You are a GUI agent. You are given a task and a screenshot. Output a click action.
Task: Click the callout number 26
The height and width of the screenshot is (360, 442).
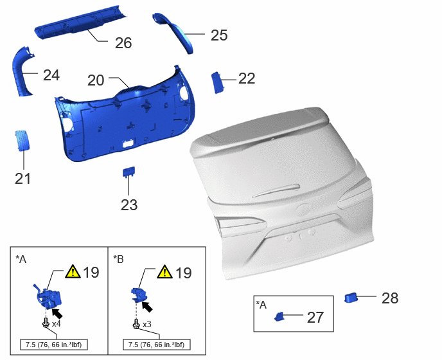(123, 43)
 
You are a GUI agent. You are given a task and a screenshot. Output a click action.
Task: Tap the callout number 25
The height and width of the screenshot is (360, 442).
(219, 35)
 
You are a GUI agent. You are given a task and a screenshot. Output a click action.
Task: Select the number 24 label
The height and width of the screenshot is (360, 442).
(51, 75)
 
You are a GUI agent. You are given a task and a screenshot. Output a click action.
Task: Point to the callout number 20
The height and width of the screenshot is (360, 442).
(96, 80)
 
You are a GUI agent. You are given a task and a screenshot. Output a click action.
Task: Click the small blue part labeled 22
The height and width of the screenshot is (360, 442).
(217, 82)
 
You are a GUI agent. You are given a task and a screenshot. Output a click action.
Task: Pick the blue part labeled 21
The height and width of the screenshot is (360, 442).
(21, 140)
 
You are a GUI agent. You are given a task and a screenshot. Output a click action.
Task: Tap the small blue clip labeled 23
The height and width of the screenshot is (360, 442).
(128, 172)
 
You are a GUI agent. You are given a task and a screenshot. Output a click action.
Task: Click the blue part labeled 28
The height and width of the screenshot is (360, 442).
(351, 298)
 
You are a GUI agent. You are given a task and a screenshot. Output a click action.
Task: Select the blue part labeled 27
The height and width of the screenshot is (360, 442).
(279, 317)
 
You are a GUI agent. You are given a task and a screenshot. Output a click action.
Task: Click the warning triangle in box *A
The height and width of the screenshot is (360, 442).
(73, 271)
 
